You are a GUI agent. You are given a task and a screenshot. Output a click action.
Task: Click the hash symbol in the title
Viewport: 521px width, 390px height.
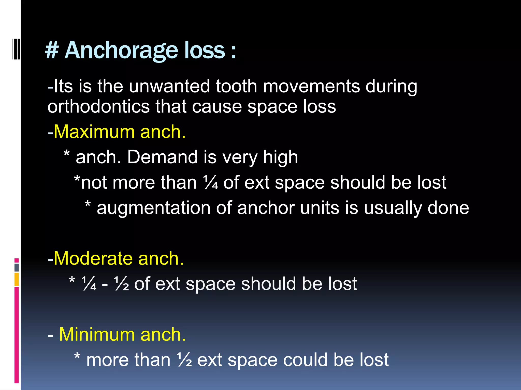(52, 50)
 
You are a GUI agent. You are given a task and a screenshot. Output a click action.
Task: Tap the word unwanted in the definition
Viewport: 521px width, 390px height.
(169, 86)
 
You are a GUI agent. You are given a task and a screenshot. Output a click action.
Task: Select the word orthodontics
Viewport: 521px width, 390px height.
(98, 106)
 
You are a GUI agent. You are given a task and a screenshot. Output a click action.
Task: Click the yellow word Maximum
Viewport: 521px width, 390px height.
(94, 132)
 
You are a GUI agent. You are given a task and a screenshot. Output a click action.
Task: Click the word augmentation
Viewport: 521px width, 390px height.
(153, 208)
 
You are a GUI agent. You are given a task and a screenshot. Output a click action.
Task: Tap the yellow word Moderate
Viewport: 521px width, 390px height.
(93, 258)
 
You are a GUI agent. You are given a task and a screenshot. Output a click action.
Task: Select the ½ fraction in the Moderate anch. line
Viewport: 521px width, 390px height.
(121, 284)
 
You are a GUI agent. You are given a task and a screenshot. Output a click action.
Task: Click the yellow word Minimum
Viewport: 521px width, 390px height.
(97, 334)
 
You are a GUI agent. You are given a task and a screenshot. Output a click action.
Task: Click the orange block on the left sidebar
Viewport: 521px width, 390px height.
(17, 279)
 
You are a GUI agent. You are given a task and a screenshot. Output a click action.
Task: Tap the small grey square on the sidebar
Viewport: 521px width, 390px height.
(17, 267)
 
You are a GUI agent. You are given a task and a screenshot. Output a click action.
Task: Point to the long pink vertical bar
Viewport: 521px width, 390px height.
(17, 335)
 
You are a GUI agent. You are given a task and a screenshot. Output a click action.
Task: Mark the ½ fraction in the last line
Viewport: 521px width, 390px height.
(185, 360)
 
